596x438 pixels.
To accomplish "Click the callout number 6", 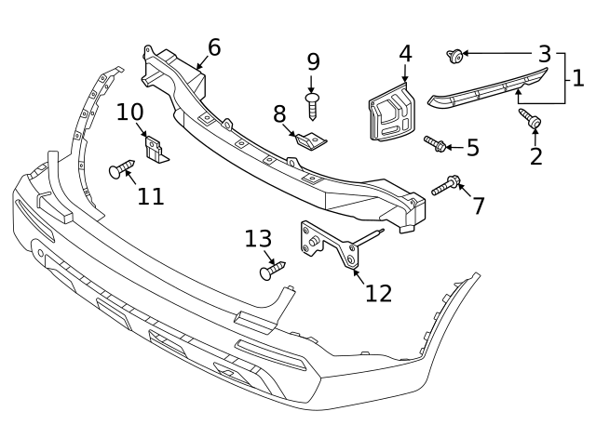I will pos(214,46).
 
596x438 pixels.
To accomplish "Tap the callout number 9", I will pos(313,62).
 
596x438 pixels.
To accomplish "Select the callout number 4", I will pos(405,54).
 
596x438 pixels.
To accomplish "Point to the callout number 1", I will pos(577,76).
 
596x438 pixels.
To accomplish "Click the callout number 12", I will pos(378,293).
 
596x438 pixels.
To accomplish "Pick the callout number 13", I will pos(258,239).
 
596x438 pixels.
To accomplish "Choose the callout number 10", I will pos(130,113).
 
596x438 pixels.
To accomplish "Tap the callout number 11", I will pos(151,196).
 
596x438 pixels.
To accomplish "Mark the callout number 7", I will pos(479,206).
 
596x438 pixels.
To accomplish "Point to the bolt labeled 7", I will pos(444,186).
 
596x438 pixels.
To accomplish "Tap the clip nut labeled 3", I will pos(455,55).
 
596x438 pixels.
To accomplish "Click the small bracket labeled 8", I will pos(312,140).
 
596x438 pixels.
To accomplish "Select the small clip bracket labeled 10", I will pos(157,150).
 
